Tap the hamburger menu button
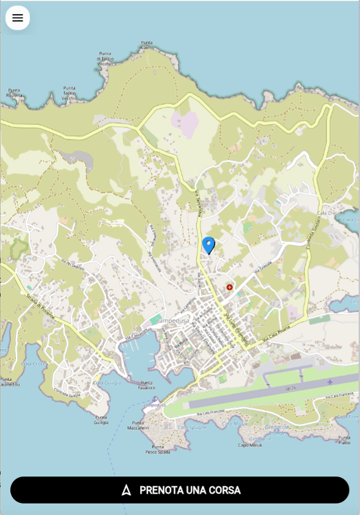(x=18, y=18)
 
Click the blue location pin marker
(x=208, y=245)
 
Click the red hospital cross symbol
(x=230, y=286)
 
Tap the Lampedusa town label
(x=174, y=320)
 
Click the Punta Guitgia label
(x=101, y=419)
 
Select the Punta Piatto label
(x=344, y=439)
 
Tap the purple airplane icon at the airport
(x=330, y=382)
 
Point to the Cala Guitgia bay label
(x=107, y=383)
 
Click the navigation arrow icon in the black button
(x=126, y=490)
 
